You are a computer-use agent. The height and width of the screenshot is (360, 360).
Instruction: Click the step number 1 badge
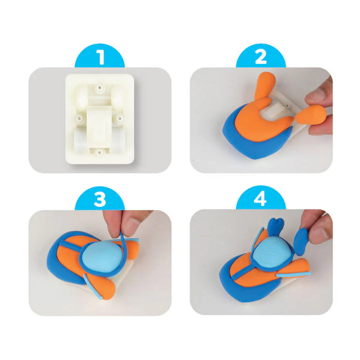click(x=100, y=57)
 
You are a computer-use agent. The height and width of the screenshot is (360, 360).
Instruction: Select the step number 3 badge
click(x=100, y=200)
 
